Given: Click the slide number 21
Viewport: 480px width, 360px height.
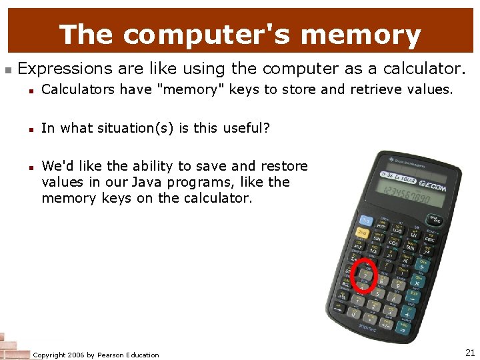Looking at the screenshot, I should pos(469,352).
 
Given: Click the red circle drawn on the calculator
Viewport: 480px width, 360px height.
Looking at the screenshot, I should pos(365,275).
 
